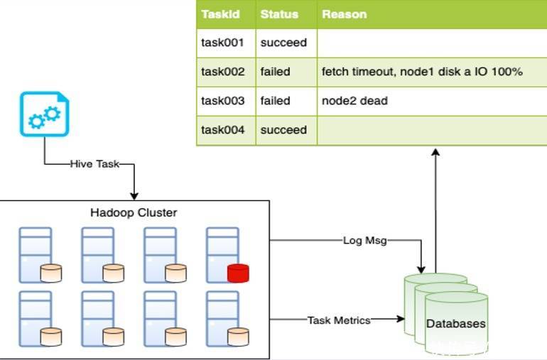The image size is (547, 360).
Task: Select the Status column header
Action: pos(279,14)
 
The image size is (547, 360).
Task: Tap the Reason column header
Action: pos(344,14)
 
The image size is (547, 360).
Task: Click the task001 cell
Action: pos(222,43)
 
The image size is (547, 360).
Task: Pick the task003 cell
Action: pos(222,101)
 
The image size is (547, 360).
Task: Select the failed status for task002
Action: pos(276,72)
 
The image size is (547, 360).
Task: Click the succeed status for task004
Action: pos(283,130)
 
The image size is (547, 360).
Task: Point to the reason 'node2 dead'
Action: pos(354,101)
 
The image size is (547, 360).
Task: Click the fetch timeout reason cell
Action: pos(422,72)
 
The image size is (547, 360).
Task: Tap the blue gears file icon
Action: pos(44,114)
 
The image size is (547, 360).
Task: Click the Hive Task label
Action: pos(94,164)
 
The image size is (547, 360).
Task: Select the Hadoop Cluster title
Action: pos(134,212)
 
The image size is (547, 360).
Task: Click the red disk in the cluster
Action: pos(239,273)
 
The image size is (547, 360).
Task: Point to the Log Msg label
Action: pos(364,240)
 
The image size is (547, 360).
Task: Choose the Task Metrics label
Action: pos(339,320)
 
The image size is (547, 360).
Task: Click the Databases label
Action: pos(456,324)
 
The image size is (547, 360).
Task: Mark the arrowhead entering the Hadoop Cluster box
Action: pos(134,196)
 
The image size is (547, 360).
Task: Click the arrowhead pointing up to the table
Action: pos(435,152)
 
